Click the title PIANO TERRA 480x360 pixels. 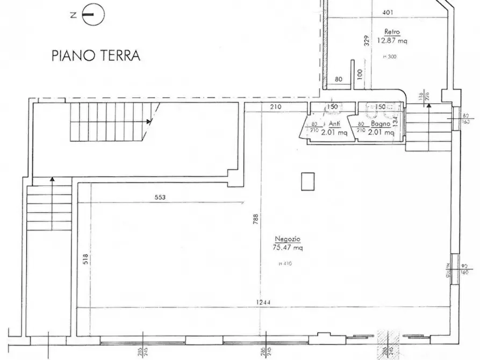96,56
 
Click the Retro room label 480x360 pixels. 390,31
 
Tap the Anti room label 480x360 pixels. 334,123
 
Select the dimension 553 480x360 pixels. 160,197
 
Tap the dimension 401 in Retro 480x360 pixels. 387,12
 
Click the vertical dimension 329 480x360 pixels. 366,41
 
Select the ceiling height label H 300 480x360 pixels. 389,56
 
